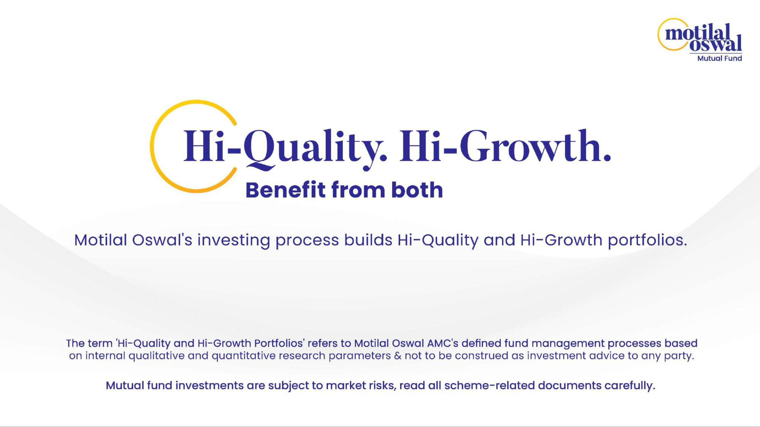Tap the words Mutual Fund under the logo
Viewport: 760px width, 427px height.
coord(720,58)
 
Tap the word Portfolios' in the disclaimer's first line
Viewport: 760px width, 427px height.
coord(279,343)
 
